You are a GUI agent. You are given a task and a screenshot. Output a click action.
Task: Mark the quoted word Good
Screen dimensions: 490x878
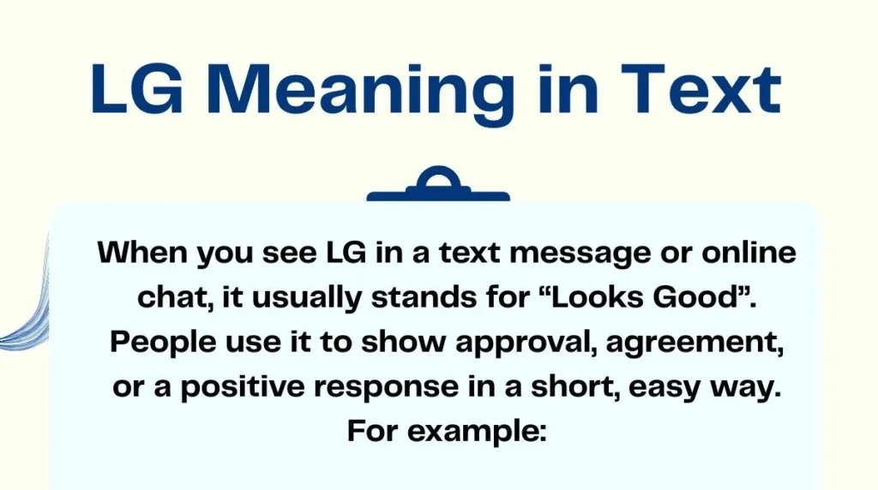[701, 299]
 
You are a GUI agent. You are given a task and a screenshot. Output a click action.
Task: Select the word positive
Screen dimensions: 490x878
[235, 388]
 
